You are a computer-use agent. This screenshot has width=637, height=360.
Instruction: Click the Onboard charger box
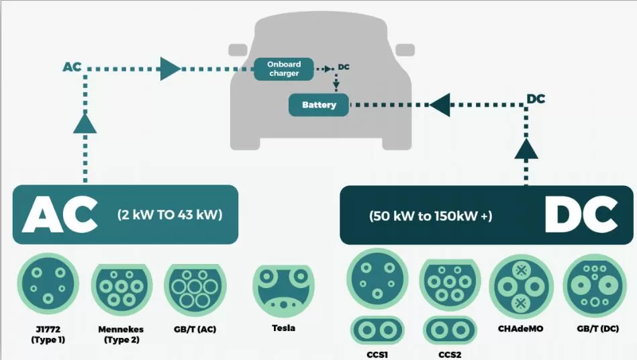(x=284, y=69)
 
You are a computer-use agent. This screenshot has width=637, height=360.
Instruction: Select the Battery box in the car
(x=319, y=105)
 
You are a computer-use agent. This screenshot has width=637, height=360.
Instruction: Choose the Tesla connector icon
(x=283, y=290)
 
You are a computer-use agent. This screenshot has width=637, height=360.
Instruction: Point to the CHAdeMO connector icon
(x=521, y=287)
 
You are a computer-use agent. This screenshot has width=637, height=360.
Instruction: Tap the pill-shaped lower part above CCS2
(x=450, y=330)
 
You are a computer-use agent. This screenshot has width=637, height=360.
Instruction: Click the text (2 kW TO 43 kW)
(x=169, y=216)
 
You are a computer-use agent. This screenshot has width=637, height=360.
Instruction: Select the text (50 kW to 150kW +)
(x=430, y=216)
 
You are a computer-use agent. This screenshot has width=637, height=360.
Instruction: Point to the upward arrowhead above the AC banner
(x=85, y=123)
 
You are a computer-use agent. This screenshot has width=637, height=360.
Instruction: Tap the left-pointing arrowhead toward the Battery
(x=440, y=105)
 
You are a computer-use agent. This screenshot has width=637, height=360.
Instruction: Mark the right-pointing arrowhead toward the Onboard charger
(x=170, y=68)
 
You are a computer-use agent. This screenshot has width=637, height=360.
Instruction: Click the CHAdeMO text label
(x=521, y=330)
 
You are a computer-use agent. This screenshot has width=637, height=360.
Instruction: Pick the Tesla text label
(x=283, y=328)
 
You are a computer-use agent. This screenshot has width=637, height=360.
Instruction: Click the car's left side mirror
(x=238, y=50)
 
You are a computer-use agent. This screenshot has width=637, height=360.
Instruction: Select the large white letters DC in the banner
(x=581, y=215)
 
